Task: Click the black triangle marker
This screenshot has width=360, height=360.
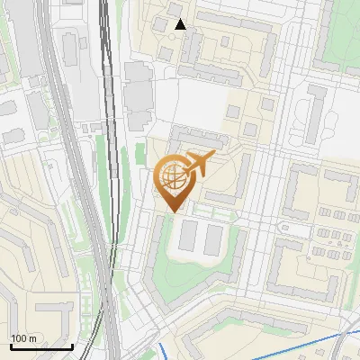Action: point(180,24)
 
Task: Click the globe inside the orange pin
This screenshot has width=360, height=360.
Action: point(172,177)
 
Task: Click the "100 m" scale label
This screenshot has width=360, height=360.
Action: point(23,337)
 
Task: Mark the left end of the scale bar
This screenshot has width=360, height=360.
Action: point(10,346)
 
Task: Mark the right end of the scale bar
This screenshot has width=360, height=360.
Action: point(72,346)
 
